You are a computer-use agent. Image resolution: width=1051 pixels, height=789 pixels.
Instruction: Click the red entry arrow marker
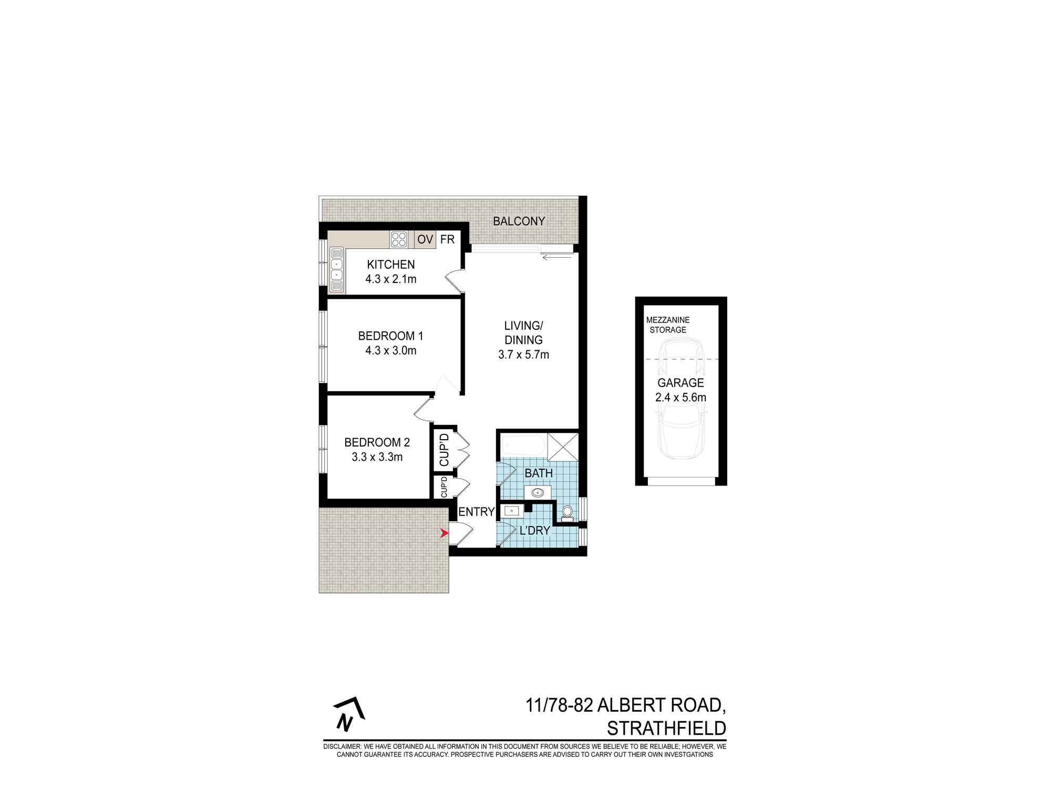[x=445, y=534]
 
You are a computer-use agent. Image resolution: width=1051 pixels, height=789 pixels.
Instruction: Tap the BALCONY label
[x=519, y=221]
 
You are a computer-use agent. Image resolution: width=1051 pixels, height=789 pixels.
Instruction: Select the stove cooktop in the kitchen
[x=398, y=240]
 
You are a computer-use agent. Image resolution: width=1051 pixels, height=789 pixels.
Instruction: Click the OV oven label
[x=425, y=240]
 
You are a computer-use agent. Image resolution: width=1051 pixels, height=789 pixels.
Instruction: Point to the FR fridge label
[x=447, y=239]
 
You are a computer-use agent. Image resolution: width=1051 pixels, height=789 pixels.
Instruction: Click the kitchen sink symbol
[x=336, y=271]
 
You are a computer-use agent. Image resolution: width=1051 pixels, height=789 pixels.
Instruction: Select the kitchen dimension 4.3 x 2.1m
[x=390, y=279]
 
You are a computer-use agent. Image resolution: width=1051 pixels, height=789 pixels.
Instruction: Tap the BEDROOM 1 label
[x=390, y=336]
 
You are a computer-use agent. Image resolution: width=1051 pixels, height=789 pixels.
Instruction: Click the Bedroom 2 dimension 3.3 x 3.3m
[x=377, y=457]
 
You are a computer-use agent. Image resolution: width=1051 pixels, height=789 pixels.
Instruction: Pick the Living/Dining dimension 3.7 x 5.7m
[x=523, y=355]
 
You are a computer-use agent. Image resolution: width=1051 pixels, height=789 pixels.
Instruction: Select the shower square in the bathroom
[x=562, y=447]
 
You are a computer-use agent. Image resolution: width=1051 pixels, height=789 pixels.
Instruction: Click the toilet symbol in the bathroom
[x=567, y=512]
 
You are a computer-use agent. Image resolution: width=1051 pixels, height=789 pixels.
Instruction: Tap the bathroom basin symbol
[x=538, y=493]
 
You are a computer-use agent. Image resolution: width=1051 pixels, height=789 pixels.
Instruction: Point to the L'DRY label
[x=534, y=531]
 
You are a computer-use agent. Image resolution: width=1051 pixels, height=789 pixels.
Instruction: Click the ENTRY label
[x=477, y=512]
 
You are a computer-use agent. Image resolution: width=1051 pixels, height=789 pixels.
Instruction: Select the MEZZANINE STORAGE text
[x=668, y=325]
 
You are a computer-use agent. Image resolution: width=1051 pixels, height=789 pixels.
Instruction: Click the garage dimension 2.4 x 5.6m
[x=681, y=398]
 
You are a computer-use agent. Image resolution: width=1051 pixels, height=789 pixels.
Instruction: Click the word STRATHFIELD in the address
[x=666, y=729]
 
